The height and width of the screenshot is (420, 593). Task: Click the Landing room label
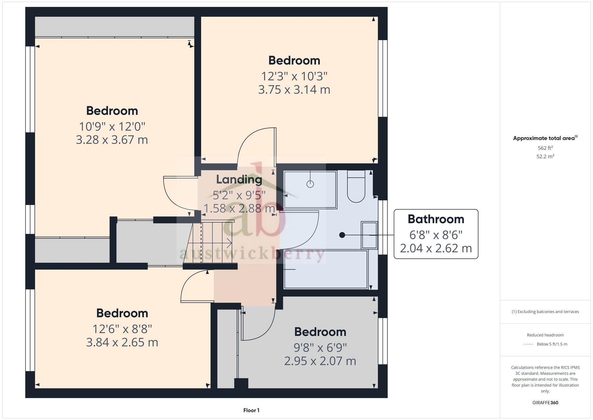pyautogui.click(x=239, y=179)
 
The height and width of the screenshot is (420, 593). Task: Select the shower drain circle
pyautogui.click(x=310, y=184)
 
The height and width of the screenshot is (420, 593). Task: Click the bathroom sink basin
pyautogui.click(x=369, y=235)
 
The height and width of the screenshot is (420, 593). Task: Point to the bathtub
pyautogui.click(x=326, y=270)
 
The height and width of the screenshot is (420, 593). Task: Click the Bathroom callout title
pyautogui.click(x=436, y=219)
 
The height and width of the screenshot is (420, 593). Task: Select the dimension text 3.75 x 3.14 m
pyautogui.click(x=294, y=90)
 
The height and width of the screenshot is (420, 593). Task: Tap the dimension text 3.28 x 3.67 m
pyautogui.click(x=112, y=140)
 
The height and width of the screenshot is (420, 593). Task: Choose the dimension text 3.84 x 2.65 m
pyautogui.click(x=122, y=342)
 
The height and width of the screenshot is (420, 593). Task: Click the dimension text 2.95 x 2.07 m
pyautogui.click(x=320, y=361)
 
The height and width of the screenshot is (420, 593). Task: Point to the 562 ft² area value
pyautogui.click(x=545, y=148)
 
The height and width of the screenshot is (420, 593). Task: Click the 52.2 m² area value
pyautogui.click(x=545, y=156)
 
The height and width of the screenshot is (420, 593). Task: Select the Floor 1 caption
pyautogui.click(x=251, y=410)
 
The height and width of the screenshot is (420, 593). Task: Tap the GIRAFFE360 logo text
pyautogui.click(x=545, y=403)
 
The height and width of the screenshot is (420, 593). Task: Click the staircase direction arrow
pyautogui.click(x=229, y=243)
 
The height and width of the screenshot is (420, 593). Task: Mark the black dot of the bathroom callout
pyautogui.click(x=342, y=235)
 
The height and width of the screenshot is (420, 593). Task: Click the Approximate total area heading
pyautogui.click(x=545, y=138)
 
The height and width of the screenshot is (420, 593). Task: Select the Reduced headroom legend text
pyautogui.click(x=545, y=335)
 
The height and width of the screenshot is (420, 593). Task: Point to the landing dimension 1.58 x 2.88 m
pyautogui.click(x=239, y=208)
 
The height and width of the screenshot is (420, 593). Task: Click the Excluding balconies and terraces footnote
pyautogui.click(x=545, y=312)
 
